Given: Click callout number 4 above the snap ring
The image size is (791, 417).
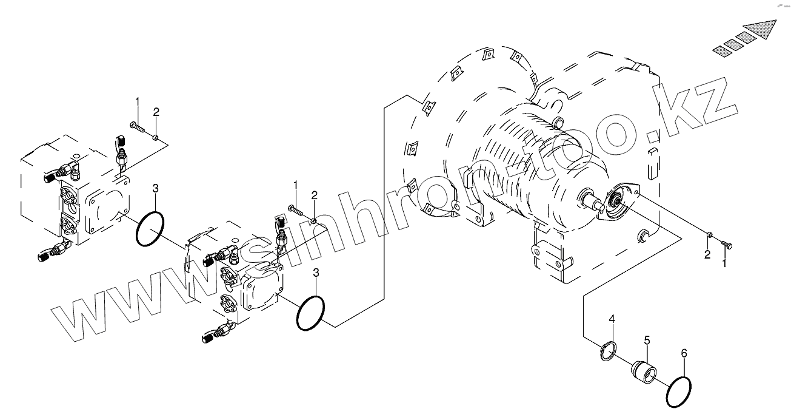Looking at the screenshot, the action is [612, 319].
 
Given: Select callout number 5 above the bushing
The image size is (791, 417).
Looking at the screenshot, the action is [647, 340].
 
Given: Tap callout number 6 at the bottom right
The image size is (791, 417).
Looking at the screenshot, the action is [684, 353].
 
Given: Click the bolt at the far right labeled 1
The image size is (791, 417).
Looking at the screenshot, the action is [728, 244].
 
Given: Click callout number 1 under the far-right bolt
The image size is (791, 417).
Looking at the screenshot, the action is [724, 264].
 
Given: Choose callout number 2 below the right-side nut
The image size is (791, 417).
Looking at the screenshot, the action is [707, 254].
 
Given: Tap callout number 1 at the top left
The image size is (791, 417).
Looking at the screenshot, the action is [138, 101].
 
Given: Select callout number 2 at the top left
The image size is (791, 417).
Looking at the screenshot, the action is [156, 112].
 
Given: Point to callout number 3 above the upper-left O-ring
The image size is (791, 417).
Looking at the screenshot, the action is [156, 188].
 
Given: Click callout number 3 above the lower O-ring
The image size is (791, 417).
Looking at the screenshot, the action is [316, 273].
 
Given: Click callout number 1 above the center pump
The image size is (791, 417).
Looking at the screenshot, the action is [296, 184].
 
